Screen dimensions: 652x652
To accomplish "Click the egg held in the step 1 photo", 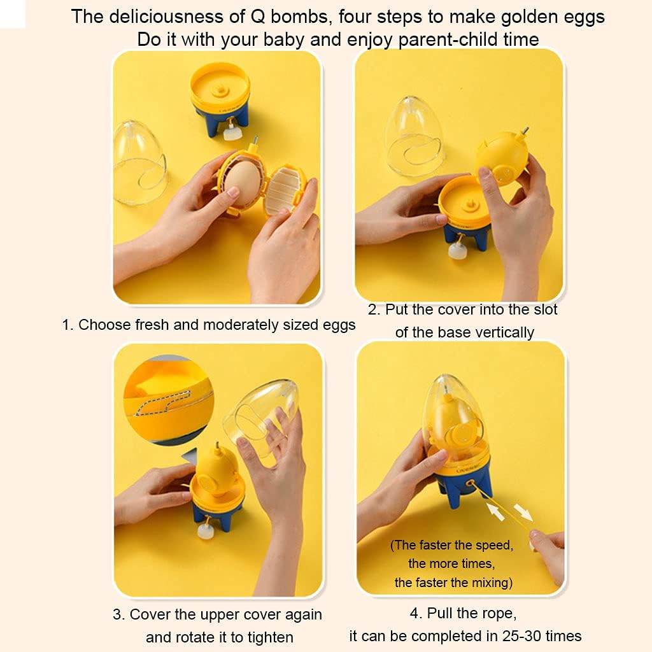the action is pos(242,183).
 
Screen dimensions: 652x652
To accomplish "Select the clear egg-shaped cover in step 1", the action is pos(140,163).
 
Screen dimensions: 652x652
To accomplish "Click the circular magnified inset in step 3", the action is pos(169,400).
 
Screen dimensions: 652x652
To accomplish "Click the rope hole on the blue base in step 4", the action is pos(471,484).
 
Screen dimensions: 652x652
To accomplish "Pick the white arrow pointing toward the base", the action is pos(495,511).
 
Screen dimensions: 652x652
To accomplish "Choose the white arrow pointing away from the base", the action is pos(523,512).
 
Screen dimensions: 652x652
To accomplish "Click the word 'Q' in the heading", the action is pos(259,17).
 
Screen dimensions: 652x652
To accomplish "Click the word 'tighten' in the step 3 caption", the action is pos(270,637).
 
